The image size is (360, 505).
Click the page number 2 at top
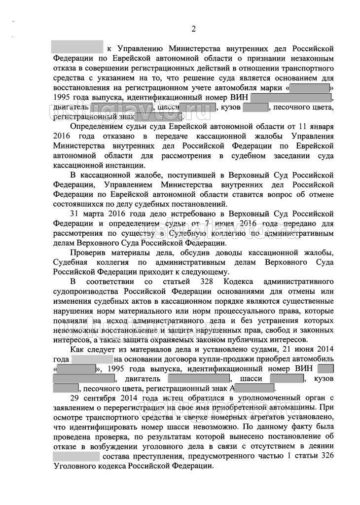coord(193,29)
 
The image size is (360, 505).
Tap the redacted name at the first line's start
coord(77,48)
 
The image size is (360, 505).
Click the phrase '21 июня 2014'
coord(313,350)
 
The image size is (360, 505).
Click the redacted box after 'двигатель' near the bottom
coord(199,378)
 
